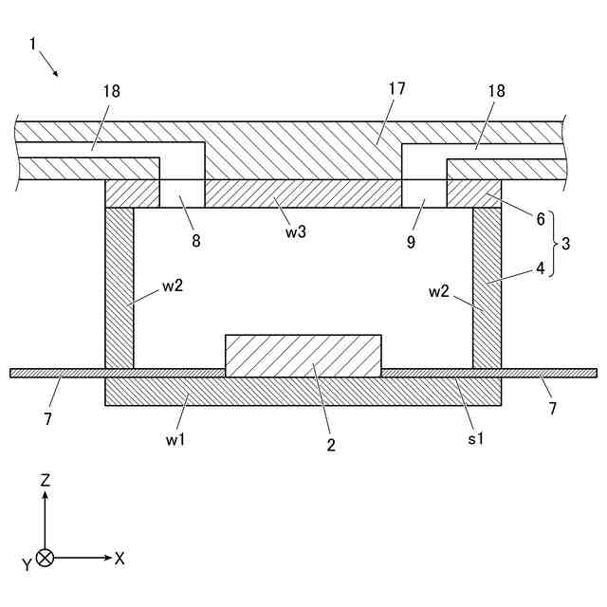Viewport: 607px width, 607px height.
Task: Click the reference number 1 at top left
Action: click(33, 44)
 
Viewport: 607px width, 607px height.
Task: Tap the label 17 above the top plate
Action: click(396, 88)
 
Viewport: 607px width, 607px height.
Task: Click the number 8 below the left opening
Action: click(196, 241)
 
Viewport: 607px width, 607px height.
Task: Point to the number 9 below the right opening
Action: click(412, 241)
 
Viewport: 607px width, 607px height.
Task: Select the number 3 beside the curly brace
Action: click(565, 244)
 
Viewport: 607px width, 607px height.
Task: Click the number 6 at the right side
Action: click(541, 219)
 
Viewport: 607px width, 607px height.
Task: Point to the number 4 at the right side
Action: click(541, 268)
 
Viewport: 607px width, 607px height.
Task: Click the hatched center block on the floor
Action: click(303, 356)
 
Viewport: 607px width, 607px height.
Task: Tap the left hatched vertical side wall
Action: click(120, 287)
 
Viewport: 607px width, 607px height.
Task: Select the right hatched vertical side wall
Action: click(487, 287)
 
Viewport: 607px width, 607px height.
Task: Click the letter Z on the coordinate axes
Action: click(45, 481)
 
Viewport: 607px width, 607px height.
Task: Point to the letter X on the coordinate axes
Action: click(120, 559)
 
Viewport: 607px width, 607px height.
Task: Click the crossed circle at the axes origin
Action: click(45, 559)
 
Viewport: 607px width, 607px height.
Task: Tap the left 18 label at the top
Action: click(113, 91)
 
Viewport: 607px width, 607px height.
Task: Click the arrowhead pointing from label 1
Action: click(57, 73)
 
